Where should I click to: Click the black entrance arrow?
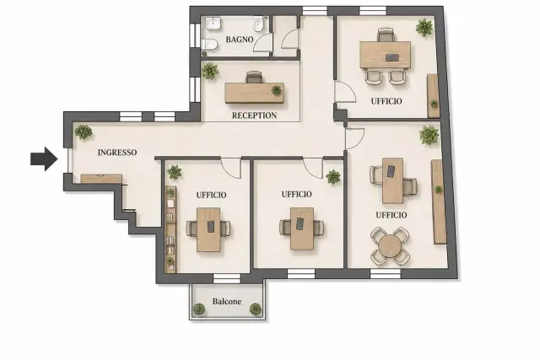click(44, 159)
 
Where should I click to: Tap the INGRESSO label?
click(117, 152)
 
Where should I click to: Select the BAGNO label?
click(240, 40)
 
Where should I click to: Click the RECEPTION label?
click(254, 116)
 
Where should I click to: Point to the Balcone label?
click(227, 302)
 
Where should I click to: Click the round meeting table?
click(390, 246)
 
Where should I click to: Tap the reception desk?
click(255, 93)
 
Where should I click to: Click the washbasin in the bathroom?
click(213, 24)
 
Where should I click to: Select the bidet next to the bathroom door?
click(258, 24)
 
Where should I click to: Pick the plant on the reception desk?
click(276, 90)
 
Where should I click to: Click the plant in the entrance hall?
click(84, 132)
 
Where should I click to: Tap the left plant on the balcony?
click(199, 309)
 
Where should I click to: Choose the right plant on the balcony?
click(255, 309)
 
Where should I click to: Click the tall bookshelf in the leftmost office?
click(170, 229)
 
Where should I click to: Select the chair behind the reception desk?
click(254, 77)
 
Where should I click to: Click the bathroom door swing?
click(263, 43)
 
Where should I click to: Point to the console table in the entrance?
click(101, 178)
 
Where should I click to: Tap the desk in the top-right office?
click(385, 55)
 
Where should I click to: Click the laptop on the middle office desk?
click(300, 223)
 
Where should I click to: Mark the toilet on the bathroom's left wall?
click(209, 45)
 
